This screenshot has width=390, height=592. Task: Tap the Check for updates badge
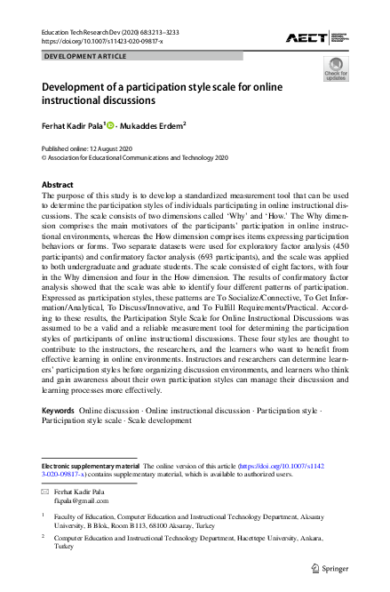tap(336, 68)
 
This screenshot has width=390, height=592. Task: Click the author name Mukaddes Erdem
tap(153, 125)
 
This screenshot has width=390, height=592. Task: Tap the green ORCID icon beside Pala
tap(112, 125)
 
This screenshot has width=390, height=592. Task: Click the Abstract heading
tap(58, 185)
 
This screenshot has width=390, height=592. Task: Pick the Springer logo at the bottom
tap(331, 567)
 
